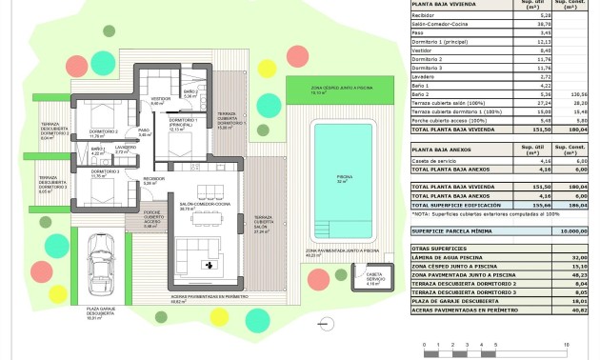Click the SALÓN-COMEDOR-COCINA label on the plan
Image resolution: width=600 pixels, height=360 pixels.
[205, 206]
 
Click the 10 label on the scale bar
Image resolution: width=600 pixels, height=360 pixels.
[569, 346]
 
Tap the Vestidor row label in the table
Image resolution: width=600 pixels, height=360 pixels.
[424, 50]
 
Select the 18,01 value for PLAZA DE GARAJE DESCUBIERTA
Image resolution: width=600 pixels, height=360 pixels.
[573, 301]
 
